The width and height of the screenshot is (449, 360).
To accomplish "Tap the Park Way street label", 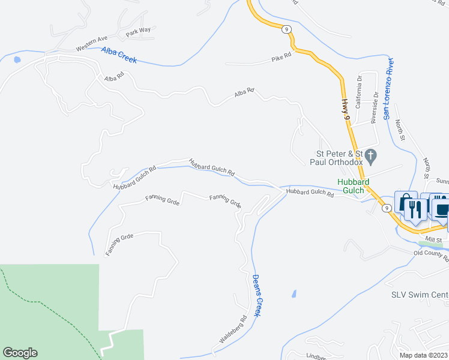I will [x=138, y=31].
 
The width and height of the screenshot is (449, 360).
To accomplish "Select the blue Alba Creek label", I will [x=119, y=55].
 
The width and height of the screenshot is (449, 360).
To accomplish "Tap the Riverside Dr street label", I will [x=375, y=107].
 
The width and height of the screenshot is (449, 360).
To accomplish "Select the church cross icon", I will [x=370, y=157].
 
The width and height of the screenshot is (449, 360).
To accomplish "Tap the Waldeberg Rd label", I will [x=233, y=329].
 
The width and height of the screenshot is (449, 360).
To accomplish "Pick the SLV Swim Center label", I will [x=420, y=295].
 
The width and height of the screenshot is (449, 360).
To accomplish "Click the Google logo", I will [x=20, y=353].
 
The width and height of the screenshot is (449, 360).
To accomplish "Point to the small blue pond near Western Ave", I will [x=16, y=60].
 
